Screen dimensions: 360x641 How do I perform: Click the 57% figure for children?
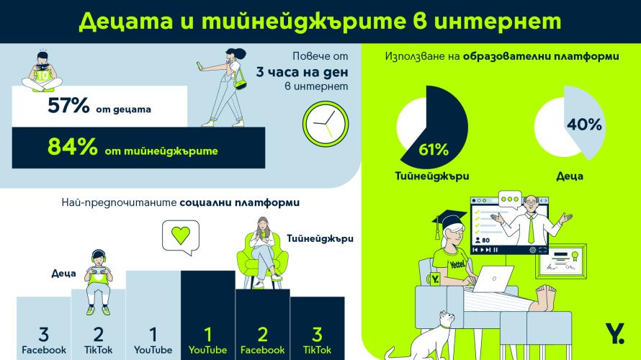(x=68, y=107)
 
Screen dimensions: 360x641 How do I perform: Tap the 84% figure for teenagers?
(x=72, y=146)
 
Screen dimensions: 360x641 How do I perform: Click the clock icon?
(x=322, y=123)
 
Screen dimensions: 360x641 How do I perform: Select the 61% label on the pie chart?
(x=434, y=150)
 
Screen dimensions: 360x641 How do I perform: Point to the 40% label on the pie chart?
(x=584, y=124)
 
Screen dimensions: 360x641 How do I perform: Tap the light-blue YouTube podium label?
(x=153, y=350)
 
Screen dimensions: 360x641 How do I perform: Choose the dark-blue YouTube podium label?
(x=207, y=350)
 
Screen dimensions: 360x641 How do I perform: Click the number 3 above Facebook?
(x=43, y=334)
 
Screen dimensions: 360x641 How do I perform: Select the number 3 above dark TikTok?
(x=317, y=334)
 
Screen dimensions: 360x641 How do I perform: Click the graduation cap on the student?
(x=452, y=219)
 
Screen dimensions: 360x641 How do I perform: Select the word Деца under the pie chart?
(x=568, y=175)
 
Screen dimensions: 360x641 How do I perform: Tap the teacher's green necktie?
(x=530, y=230)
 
